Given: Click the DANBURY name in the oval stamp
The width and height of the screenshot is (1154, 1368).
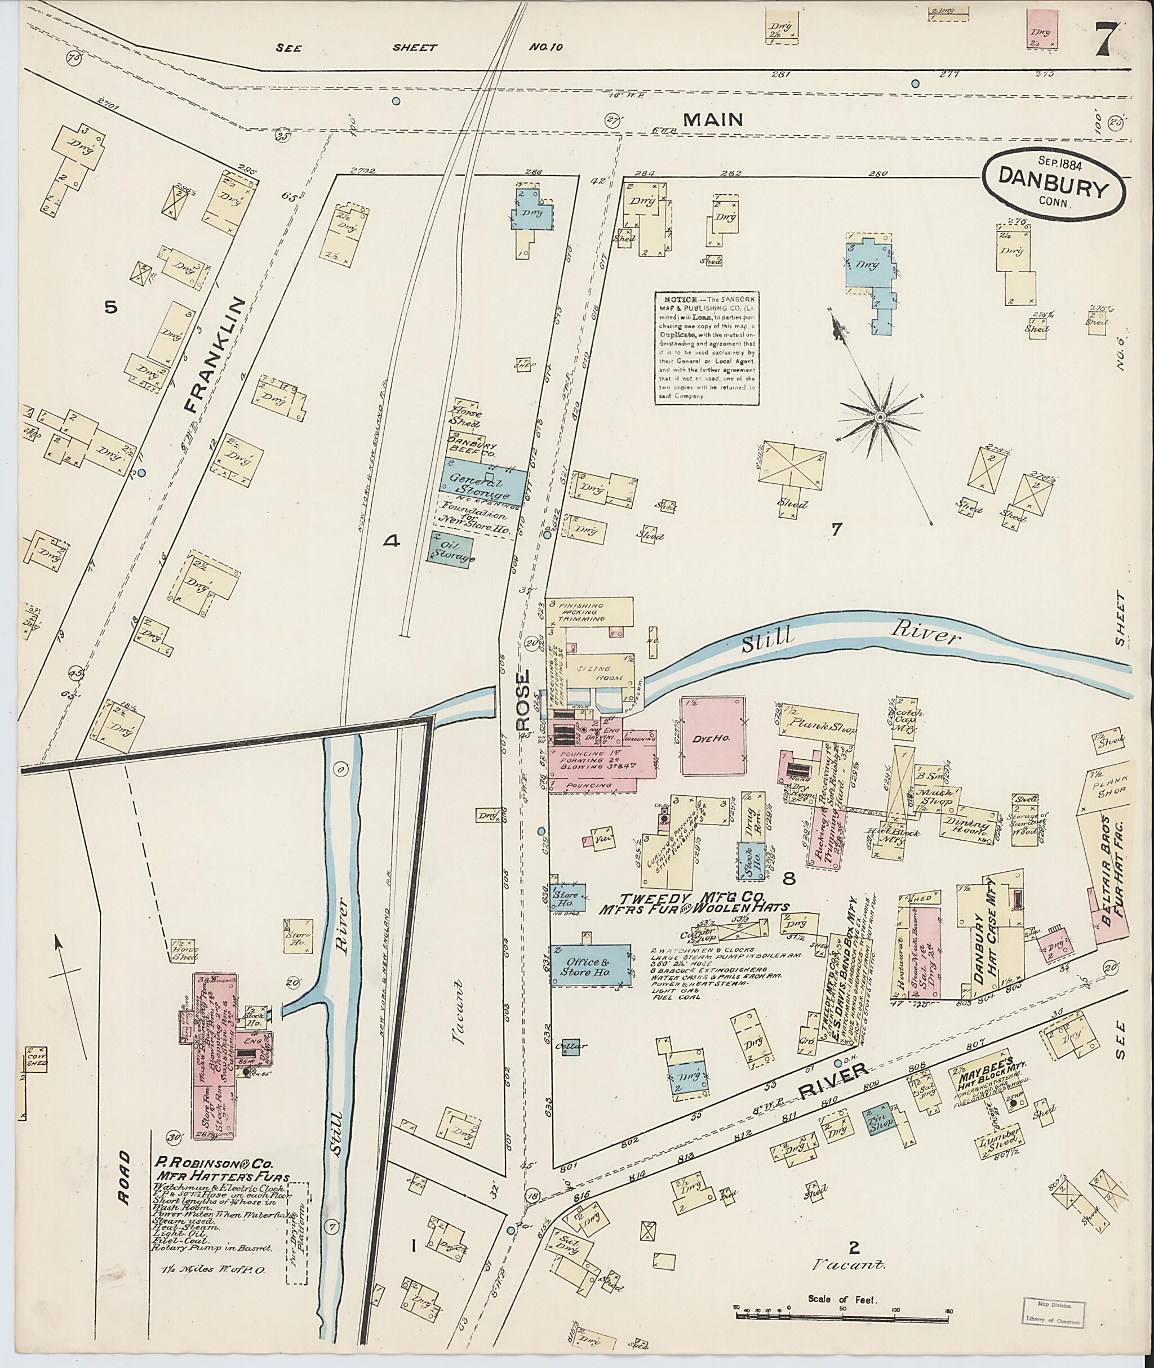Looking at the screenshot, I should point(1053,189).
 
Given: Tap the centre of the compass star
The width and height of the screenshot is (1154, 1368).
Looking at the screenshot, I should point(880,417).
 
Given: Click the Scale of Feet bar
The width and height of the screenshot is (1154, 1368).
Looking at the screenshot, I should point(842,1311).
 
